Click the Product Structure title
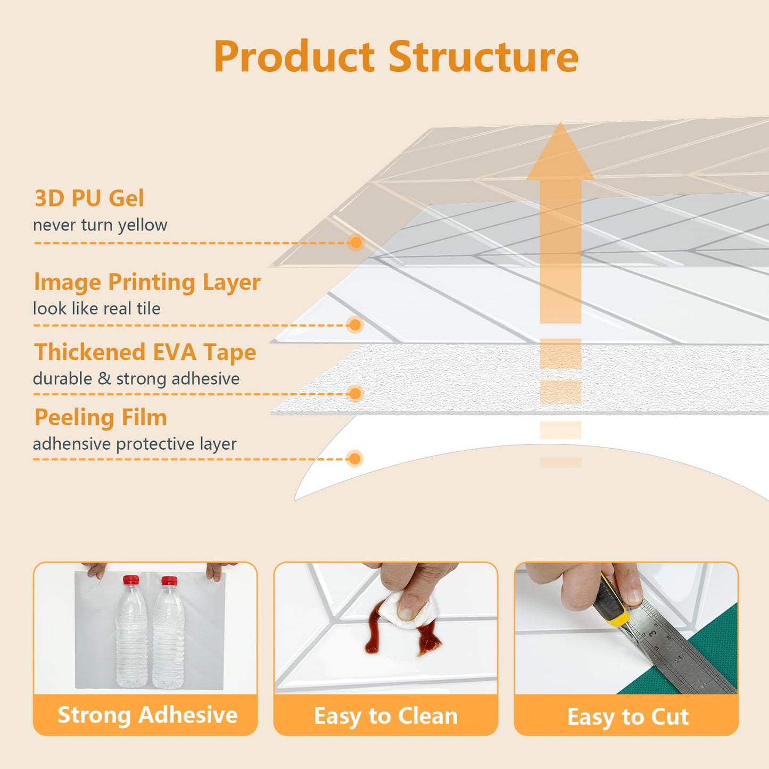pyautogui.click(x=395, y=57)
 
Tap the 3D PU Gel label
pyautogui.click(x=89, y=199)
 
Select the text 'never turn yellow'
pyautogui.click(x=100, y=225)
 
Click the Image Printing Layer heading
pyautogui.click(x=147, y=282)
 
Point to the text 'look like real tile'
pyautogui.click(x=96, y=309)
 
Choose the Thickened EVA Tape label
pyautogui.click(x=145, y=352)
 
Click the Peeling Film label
pyautogui.click(x=101, y=418)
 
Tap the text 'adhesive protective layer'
pyautogui.click(x=135, y=444)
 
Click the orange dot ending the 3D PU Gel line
pyautogui.click(x=355, y=243)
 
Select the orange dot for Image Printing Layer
pyautogui.click(x=354, y=325)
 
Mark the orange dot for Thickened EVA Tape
pyautogui.click(x=354, y=394)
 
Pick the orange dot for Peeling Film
pyautogui.click(x=354, y=459)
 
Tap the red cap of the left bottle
pyautogui.click(x=131, y=580)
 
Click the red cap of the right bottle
pyautogui.click(x=169, y=581)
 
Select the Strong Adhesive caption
pyautogui.click(x=147, y=715)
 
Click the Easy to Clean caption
pyautogui.click(x=386, y=716)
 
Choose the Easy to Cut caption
pyautogui.click(x=628, y=716)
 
